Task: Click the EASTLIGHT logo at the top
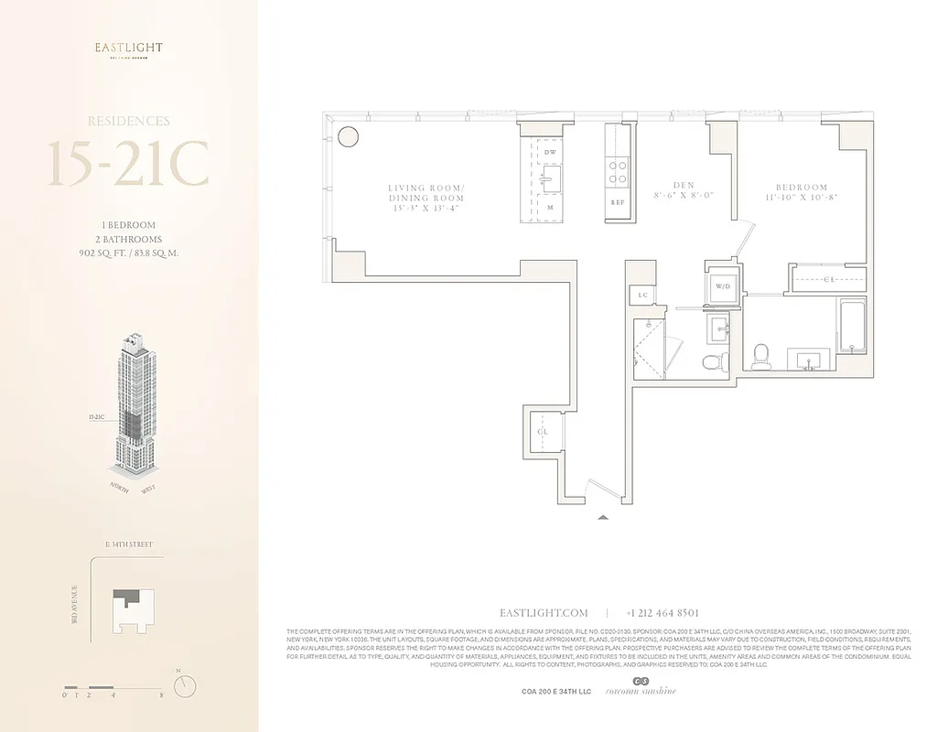pyautogui.click(x=128, y=49)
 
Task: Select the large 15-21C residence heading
pyautogui.click(x=128, y=166)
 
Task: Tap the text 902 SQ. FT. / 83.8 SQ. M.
pyautogui.click(x=128, y=253)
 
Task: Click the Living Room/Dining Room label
pyautogui.click(x=426, y=198)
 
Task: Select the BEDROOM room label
pyautogui.click(x=803, y=188)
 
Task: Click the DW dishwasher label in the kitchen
pyautogui.click(x=550, y=152)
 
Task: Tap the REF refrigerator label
pyautogui.click(x=618, y=203)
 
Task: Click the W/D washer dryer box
pyautogui.click(x=722, y=285)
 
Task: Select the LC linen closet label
pyautogui.click(x=643, y=295)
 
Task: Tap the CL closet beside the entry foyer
pyautogui.click(x=543, y=432)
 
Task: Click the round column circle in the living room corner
pyautogui.click(x=348, y=137)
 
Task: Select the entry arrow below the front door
pyautogui.click(x=602, y=517)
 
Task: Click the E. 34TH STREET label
pyautogui.click(x=128, y=545)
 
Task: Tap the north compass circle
pyautogui.click(x=185, y=684)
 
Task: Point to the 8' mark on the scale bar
pyautogui.click(x=161, y=696)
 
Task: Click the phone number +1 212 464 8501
pyautogui.click(x=663, y=613)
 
